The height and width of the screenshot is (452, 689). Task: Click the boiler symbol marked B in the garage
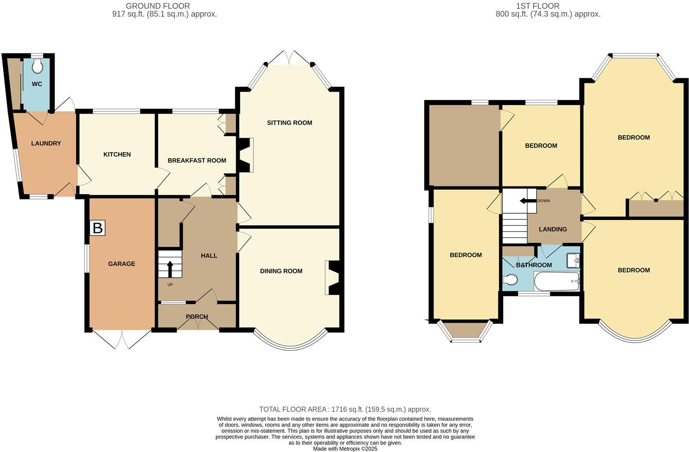[x=98, y=228]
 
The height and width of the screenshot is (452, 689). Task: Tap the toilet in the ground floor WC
[x=37, y=66]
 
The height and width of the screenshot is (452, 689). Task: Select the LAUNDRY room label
[x=46, y=143]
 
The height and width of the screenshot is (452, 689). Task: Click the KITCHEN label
[x=117, y=154]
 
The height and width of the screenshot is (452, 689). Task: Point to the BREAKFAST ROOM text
[x=197, y=160]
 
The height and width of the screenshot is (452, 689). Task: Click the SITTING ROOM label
[x=289, y=123]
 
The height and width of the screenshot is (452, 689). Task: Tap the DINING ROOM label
[x=281, y=271]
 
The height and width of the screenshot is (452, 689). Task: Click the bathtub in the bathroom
[x=557, y=282]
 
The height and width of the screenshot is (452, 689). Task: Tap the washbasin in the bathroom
[x=573, y=260]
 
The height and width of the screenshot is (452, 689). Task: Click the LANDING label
[x=552, y=229]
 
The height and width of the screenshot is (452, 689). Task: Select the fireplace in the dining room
[x=333, y=278]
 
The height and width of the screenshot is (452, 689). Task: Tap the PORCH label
[x=197, y=317]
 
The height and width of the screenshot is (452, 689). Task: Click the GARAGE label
[x=121, y=264]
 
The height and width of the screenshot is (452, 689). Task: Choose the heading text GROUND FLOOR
[x=157, y=6]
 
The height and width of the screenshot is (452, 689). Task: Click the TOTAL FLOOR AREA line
[x=345, y=409]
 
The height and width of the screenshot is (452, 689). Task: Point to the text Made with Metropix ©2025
[x=345, y=449]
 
